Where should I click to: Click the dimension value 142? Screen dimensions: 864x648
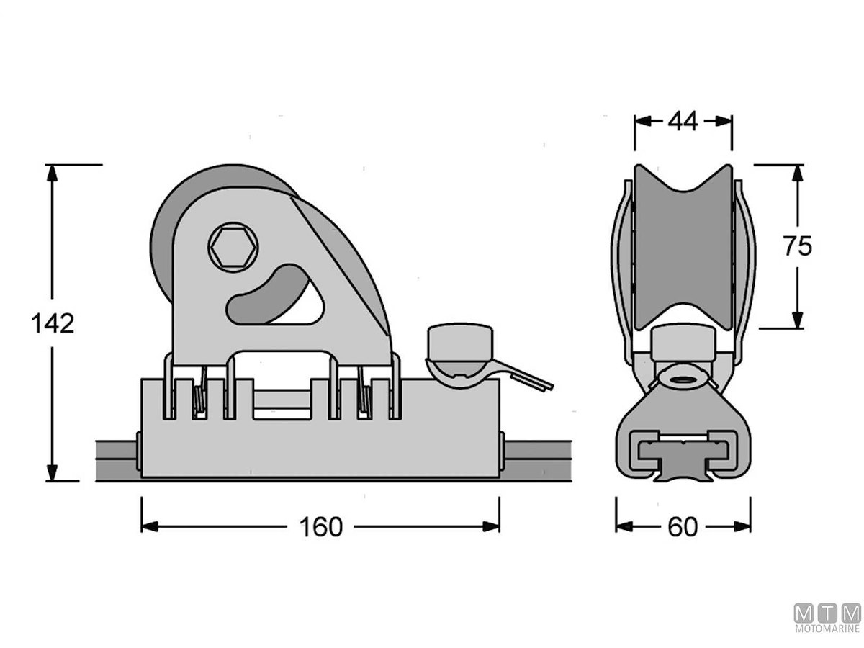(53, 323)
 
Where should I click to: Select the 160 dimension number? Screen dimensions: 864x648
(321, 527)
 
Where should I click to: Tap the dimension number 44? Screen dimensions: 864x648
(683, 121)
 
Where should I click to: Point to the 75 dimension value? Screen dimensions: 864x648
(798, 246)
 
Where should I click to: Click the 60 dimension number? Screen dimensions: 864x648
(683, 527)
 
